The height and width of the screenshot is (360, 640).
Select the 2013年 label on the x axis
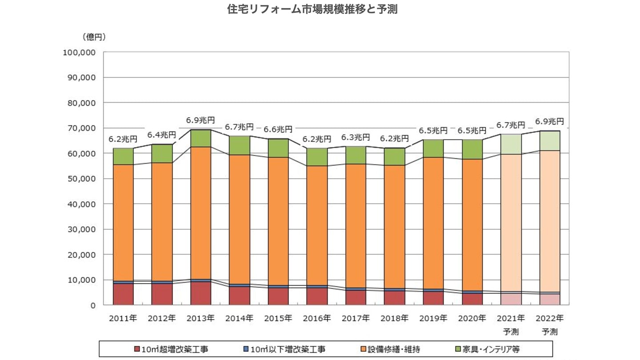click(200, 318)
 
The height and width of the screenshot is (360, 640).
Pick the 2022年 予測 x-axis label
click(549, 324)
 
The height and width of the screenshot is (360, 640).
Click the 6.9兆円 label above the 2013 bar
click(200, 120)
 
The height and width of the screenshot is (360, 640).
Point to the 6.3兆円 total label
click(355, 137)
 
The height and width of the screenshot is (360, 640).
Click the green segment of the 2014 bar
click(239, 145)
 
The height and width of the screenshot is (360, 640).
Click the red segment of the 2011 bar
click(123, 294)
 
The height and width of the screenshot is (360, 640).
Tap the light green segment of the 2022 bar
click(549, 140)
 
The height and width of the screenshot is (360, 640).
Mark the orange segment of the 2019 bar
click(433, 223)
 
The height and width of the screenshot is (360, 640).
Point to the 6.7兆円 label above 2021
click(511, 125)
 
